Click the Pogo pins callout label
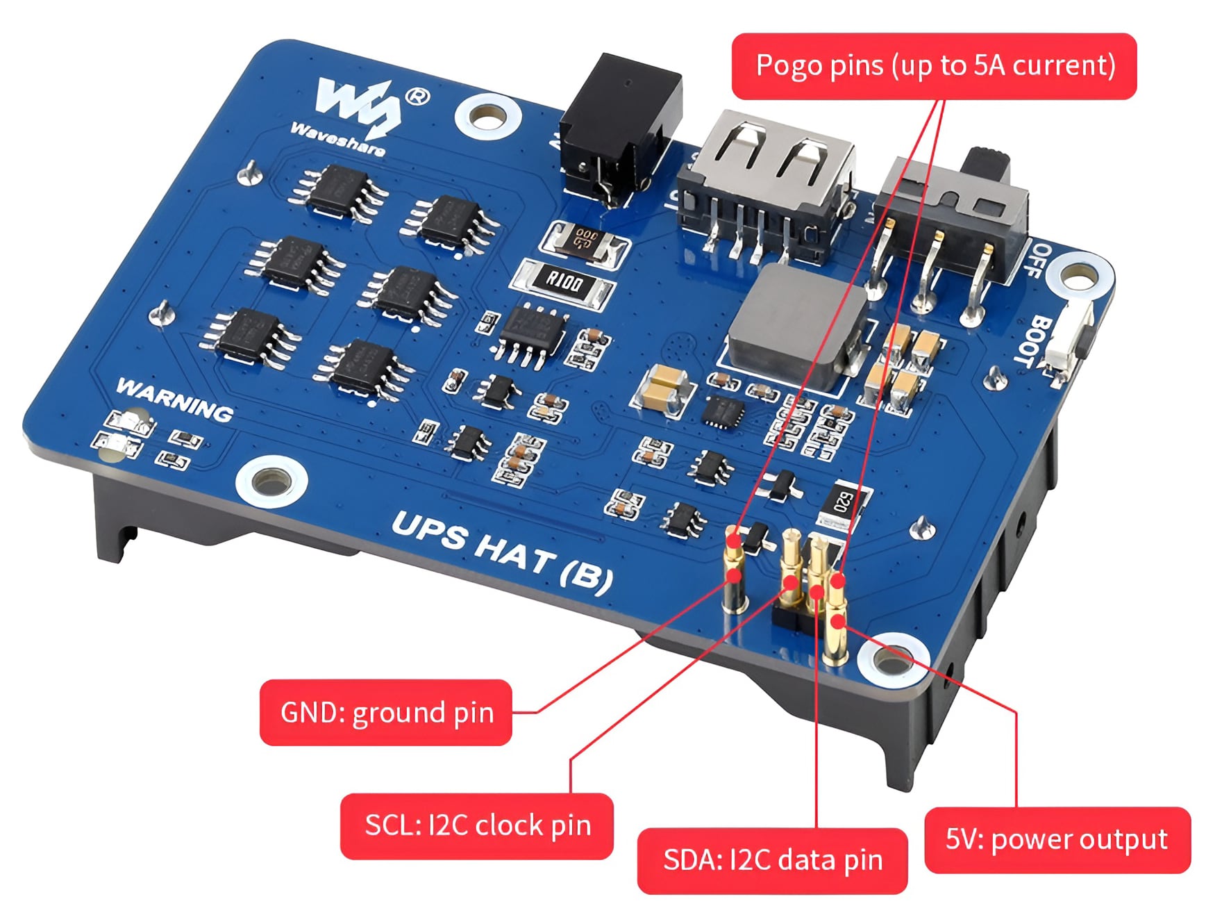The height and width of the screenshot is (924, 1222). [x=934, y=66]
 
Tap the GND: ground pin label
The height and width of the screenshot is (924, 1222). [x=386, y=713]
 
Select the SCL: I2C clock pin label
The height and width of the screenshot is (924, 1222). [x=477, y=826]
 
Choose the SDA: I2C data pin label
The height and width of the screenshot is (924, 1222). [x=772, y=861]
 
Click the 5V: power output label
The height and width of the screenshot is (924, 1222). [x=1057, y=840]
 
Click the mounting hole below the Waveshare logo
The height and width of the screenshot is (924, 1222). [x=488, y=117]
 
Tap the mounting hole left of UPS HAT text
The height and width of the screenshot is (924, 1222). [x=271, y=480]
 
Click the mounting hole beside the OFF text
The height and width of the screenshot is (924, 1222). [x=1078, y=279]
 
